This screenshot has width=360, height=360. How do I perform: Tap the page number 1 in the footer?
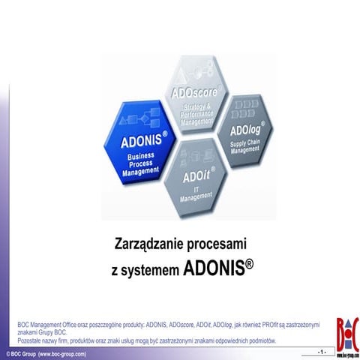coord(322,352)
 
